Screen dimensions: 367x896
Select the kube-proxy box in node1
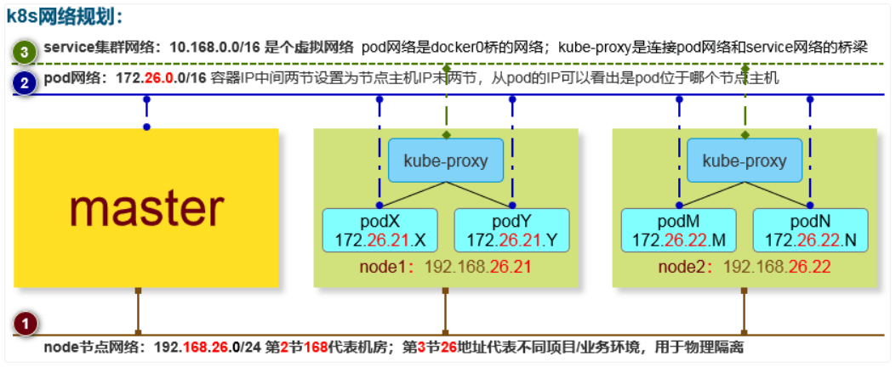tap(445, 161)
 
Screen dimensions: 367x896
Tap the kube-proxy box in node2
tap(745, 161)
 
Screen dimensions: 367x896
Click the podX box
tap(380, 229)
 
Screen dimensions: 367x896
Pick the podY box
tap(511, 229)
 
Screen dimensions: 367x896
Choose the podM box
tap(678, 229)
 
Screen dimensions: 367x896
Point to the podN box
tap(810, 229)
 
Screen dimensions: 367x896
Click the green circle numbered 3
tap(25, 52)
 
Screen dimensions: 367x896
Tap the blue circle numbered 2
tap(25, 82)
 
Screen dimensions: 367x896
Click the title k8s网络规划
tap(65, 15)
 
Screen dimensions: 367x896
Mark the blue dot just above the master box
tap(146, 127)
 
